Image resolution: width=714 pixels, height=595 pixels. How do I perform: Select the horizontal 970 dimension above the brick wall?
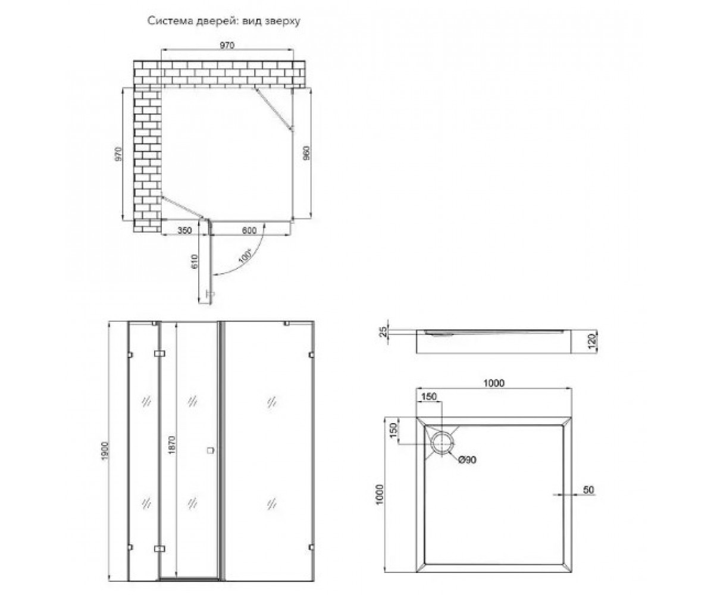[227, 45]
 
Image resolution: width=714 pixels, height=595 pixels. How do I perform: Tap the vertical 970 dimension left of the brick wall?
[118, 154]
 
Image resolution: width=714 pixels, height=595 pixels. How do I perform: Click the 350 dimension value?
[184, 230]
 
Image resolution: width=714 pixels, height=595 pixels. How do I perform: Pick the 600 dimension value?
[249, 230]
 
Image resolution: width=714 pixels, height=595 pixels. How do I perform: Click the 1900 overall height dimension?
[105, 450]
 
